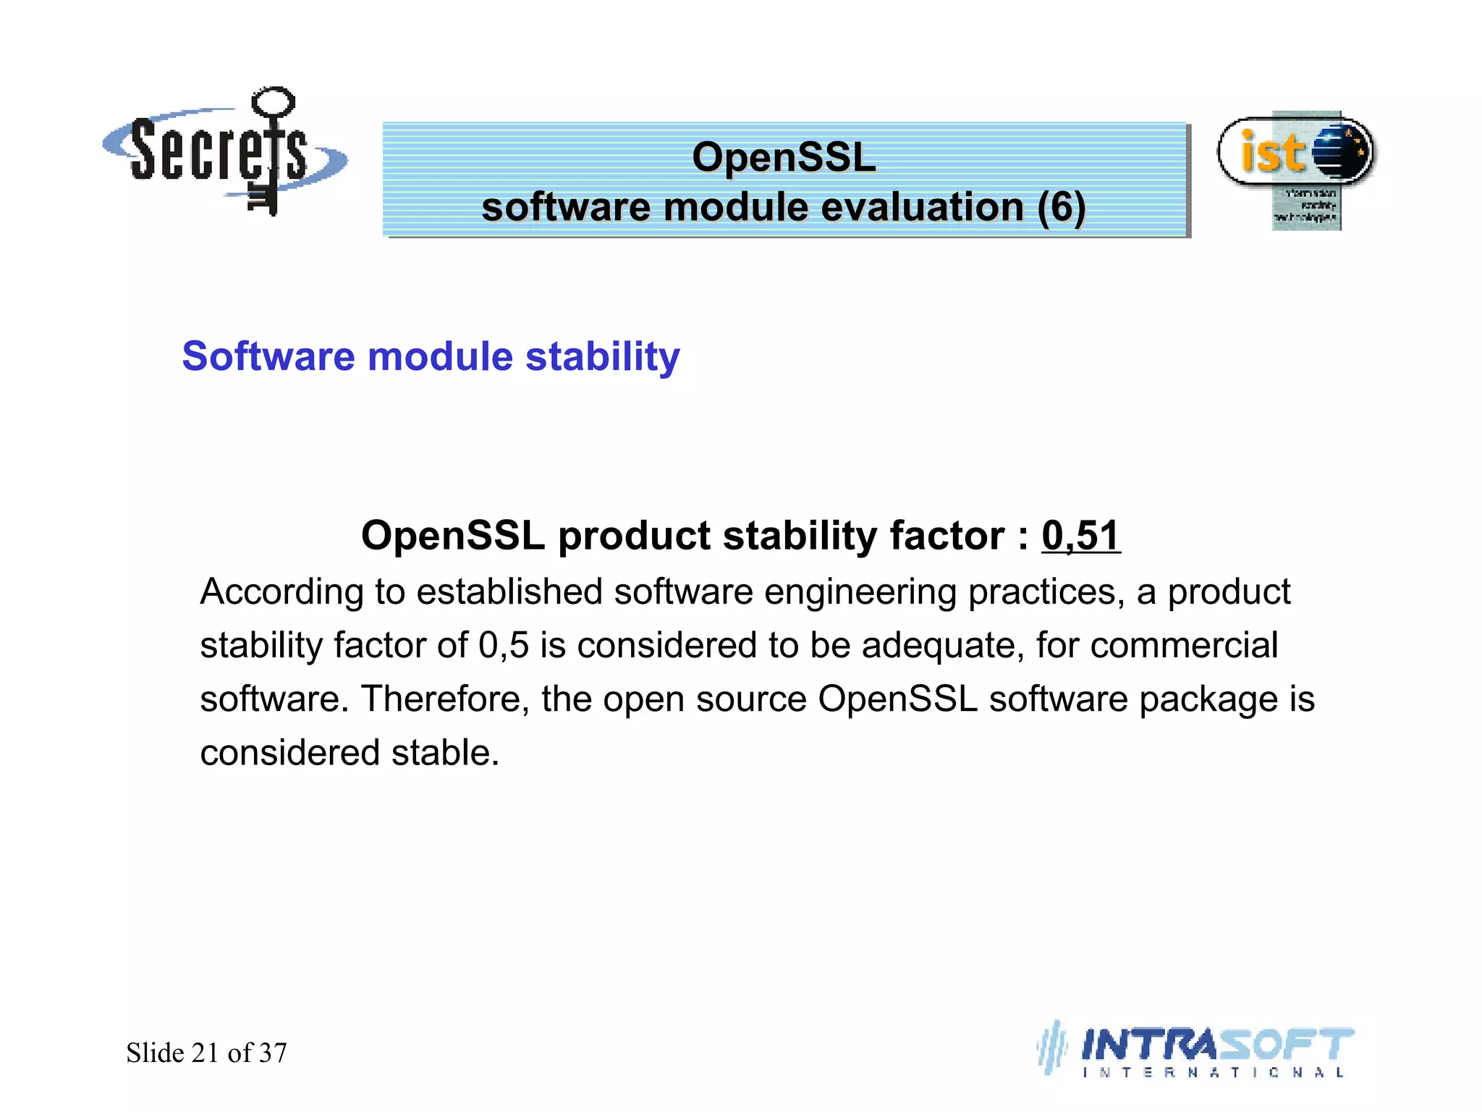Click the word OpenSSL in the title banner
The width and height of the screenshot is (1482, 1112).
tap(784, 157)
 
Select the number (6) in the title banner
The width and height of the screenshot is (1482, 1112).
tap(1061, 208)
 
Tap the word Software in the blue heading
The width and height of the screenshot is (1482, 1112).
tap(268, 357)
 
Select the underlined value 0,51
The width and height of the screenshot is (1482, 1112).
tap(1080, 536)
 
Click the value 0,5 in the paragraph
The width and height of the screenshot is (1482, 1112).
tap(504, 645)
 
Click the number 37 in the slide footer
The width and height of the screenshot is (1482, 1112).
tap(273, 1053)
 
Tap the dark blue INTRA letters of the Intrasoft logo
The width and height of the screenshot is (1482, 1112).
tap(1147, 1045)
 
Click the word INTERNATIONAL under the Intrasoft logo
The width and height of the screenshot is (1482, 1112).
tap(1213, 1073)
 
